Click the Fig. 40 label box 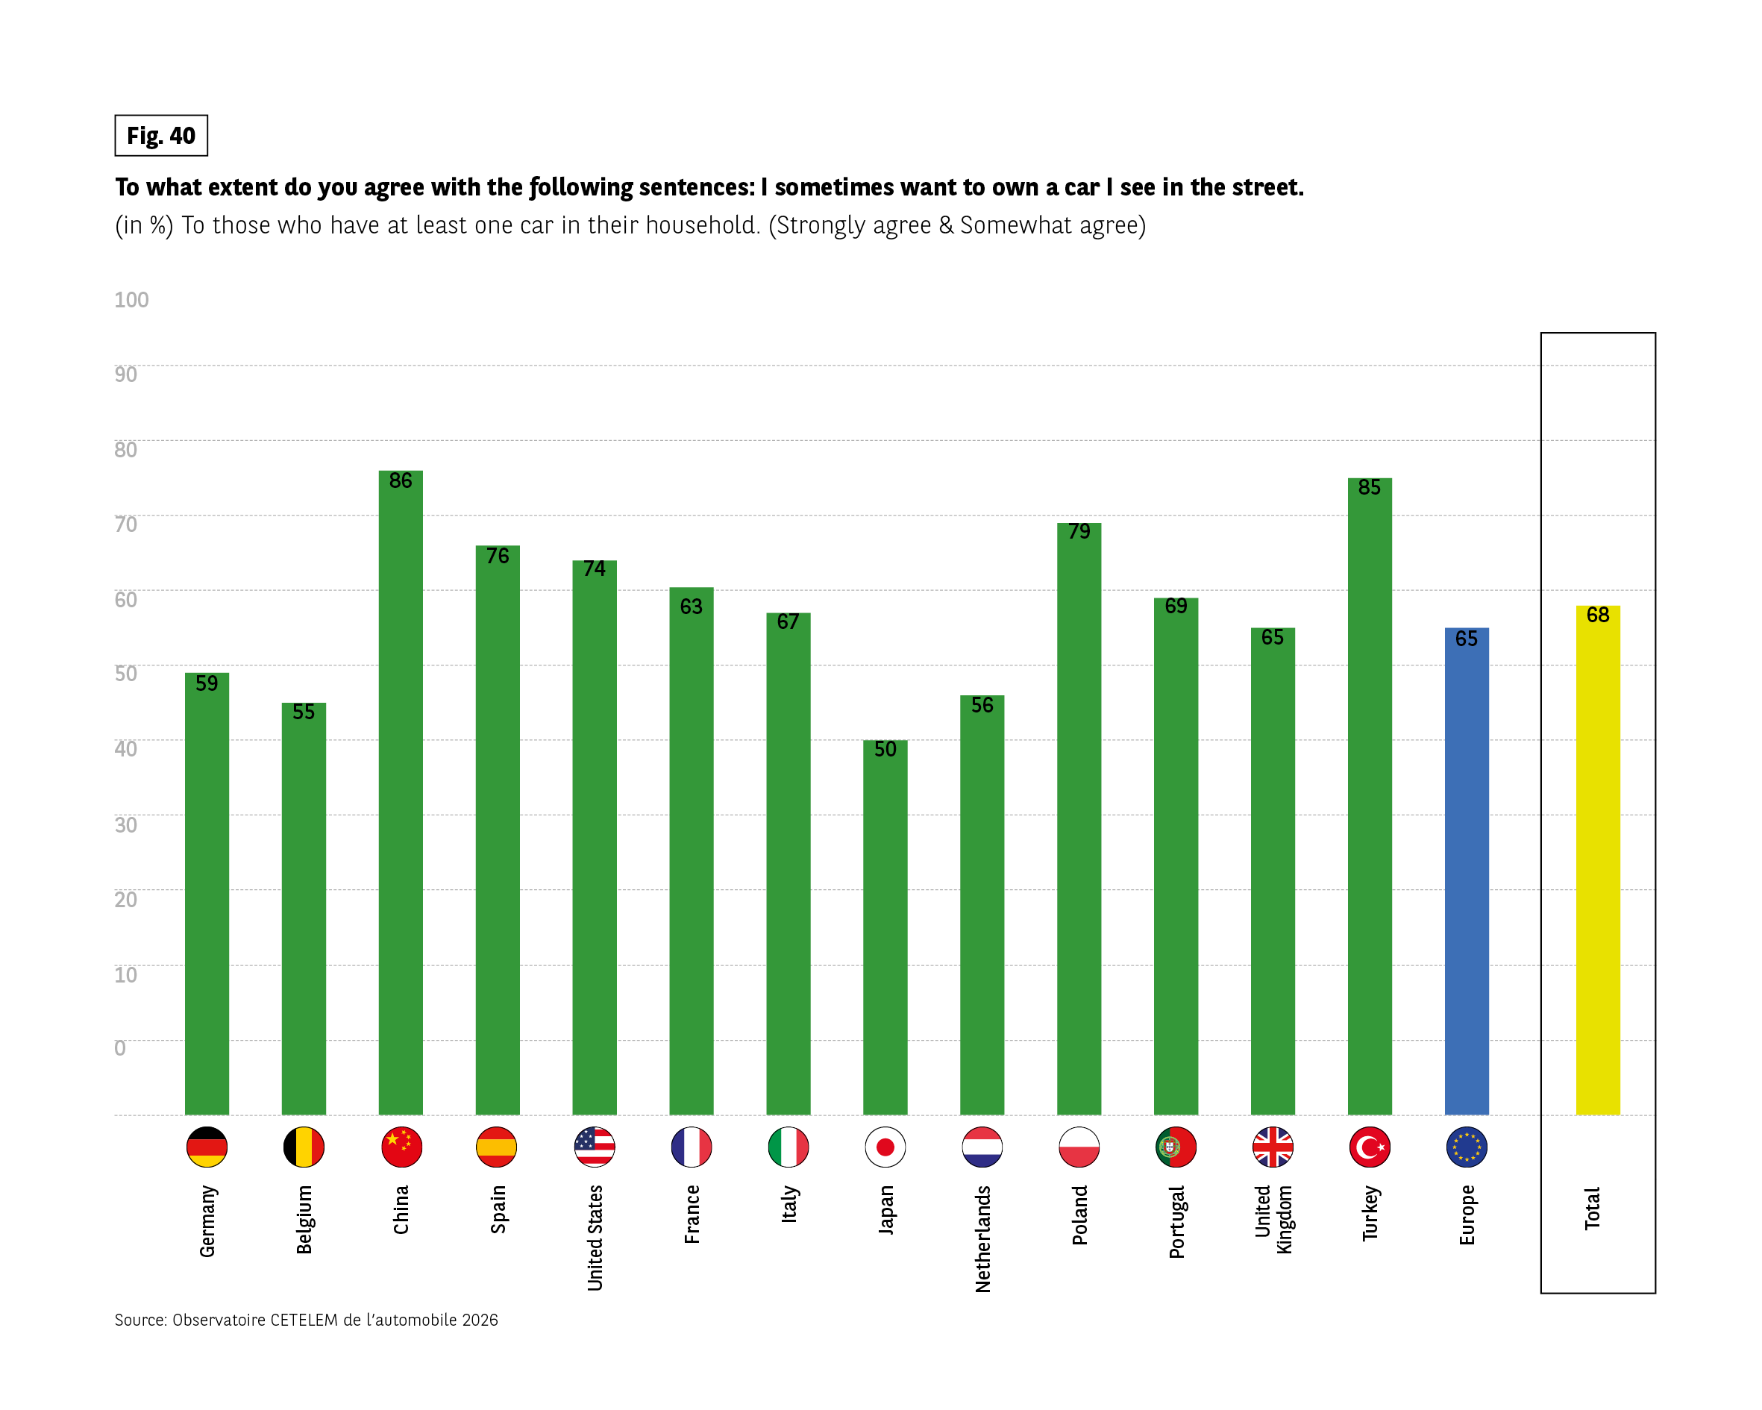tap(161, 136)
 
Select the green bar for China tap(401, 793)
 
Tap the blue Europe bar tap(1466, 871)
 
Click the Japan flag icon tap(885, 1147)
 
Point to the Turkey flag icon tap(1370, 1147)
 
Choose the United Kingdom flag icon tap(1273, 1147)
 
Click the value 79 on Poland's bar tap(1079, 531)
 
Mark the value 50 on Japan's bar tap(885, 750)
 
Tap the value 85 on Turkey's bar tap(1370, 487)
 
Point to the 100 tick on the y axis tap(131, 300)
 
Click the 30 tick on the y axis tap(126, 824)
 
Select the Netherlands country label tap(982, 1238)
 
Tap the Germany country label tap(207, 1221)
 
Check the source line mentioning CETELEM tap(306, 1319)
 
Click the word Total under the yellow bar tap(1592, 1208)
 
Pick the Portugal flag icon tap(1176, 1147)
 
